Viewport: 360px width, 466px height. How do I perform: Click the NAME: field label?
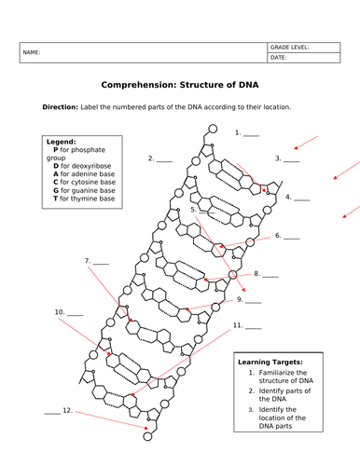pos(31,53)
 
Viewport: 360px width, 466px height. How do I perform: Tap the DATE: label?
pos(278,58)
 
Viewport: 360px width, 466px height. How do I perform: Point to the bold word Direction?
pos(62,107)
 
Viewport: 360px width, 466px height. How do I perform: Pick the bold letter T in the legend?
pos(56,199)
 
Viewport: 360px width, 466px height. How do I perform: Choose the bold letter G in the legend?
pos(56,189)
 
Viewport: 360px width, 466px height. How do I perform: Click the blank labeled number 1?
pos(252,133)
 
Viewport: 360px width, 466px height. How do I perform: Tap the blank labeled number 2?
pos(165,159)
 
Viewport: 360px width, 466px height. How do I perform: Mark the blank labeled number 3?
pos(292,159)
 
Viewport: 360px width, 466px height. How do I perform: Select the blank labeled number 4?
pos(302,198)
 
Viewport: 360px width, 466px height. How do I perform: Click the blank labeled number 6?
pos(292,237)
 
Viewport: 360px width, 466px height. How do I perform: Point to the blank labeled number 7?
pos(101,261)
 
